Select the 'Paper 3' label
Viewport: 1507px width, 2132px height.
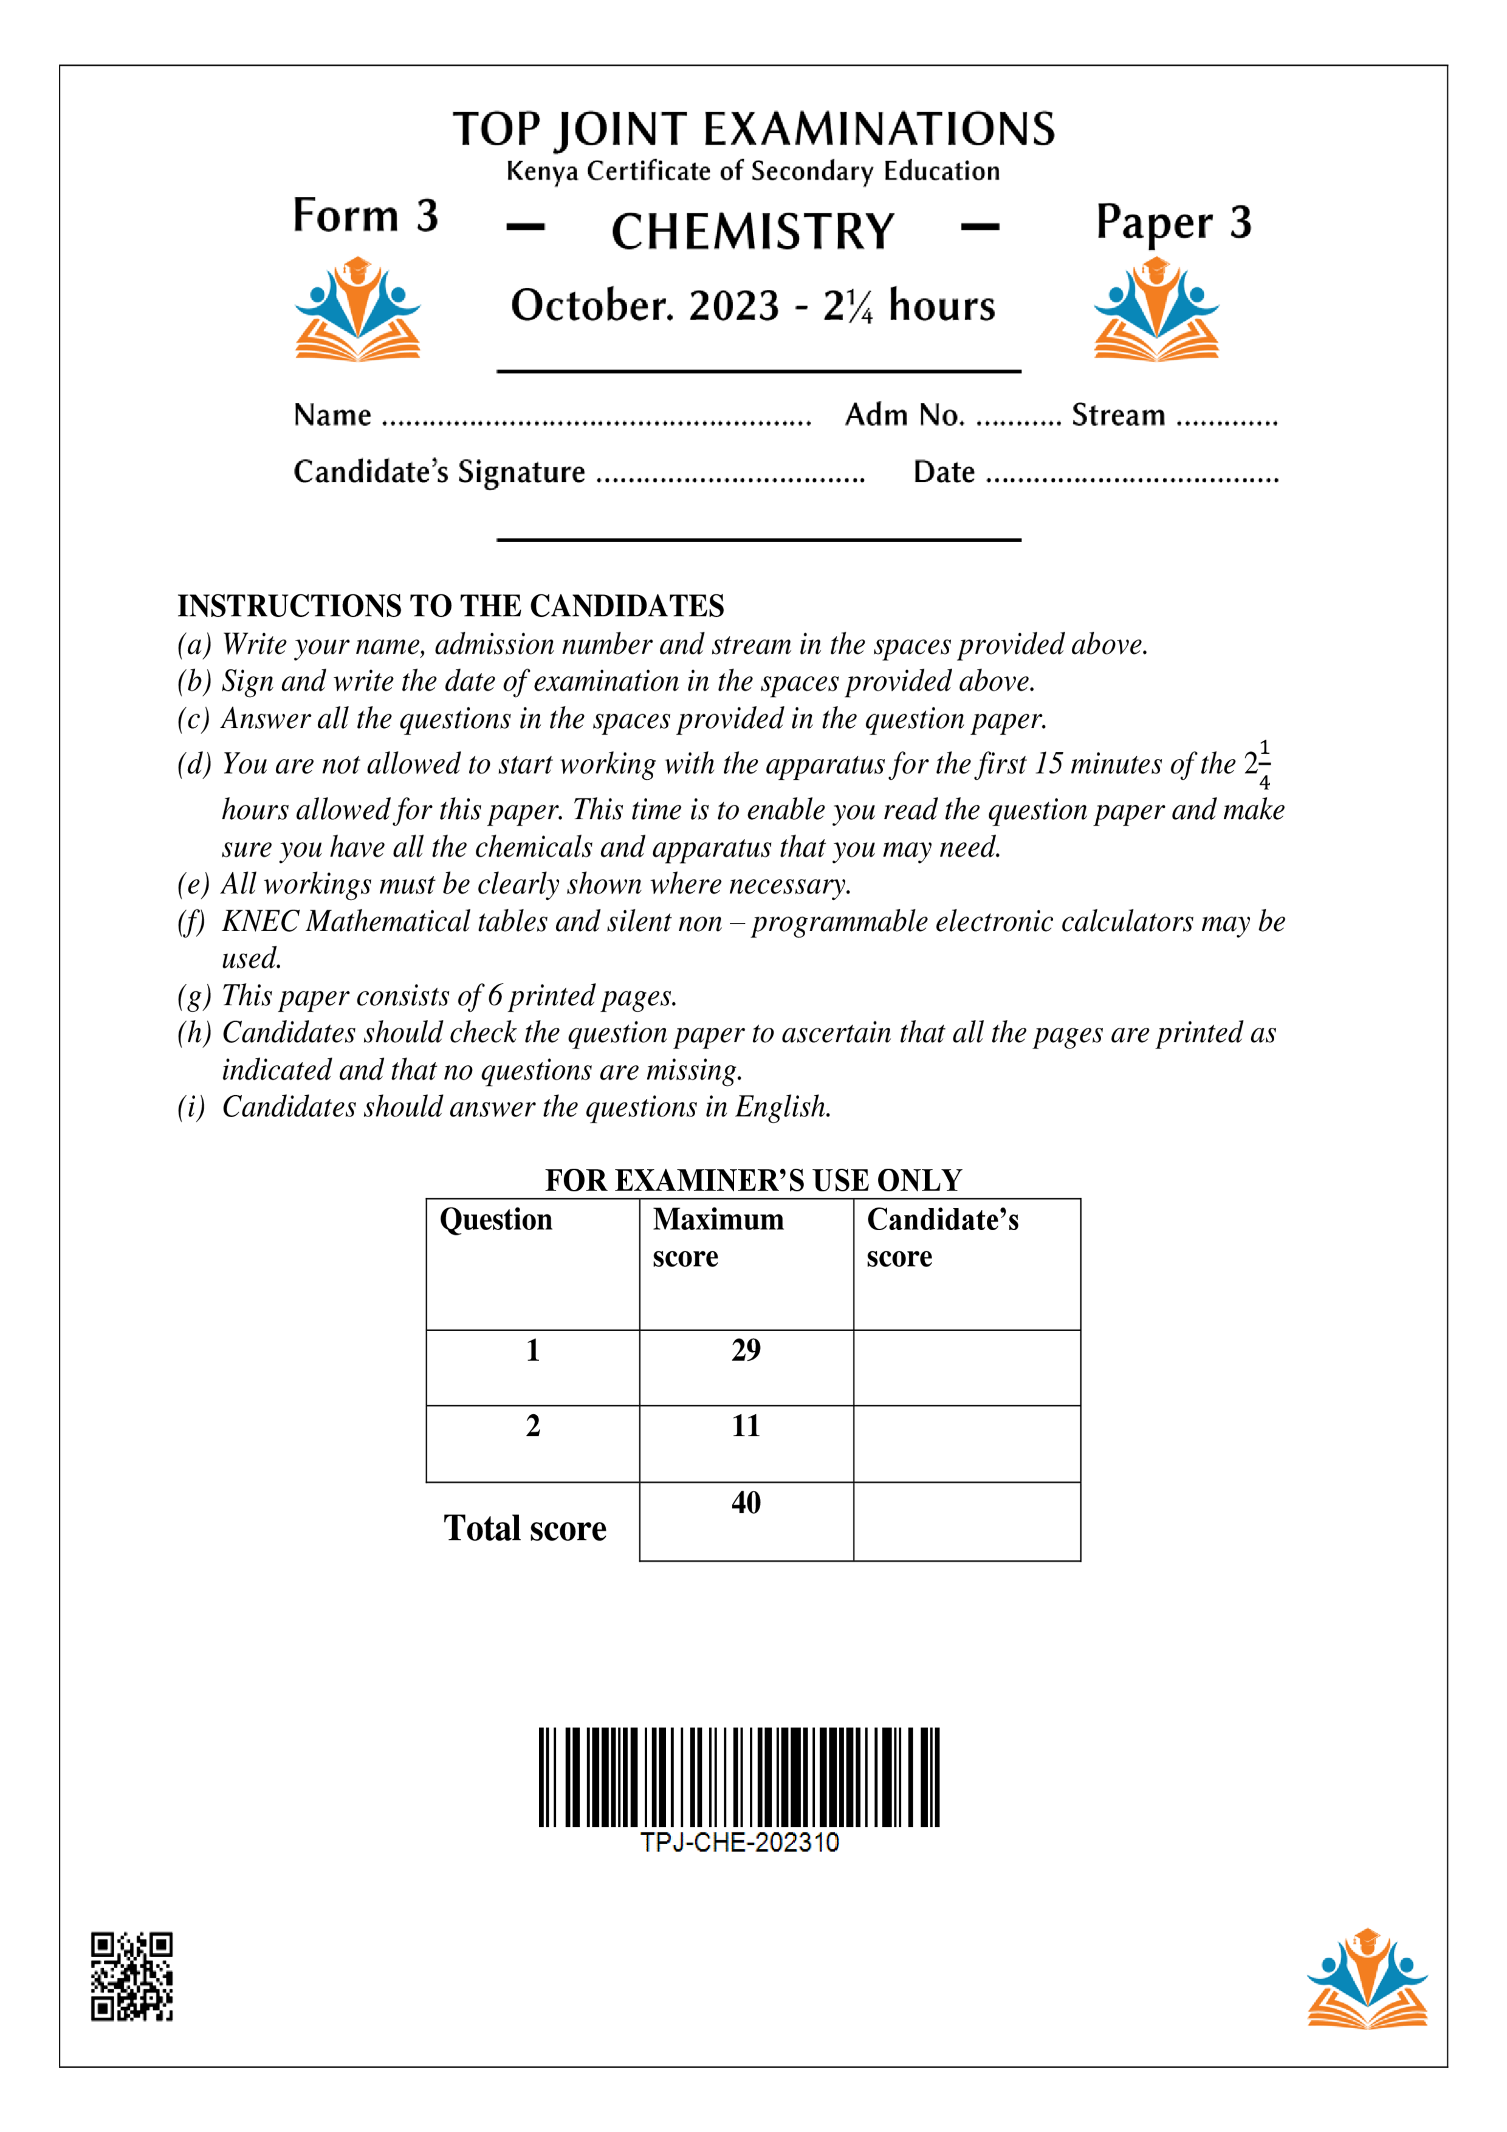point(1173,223)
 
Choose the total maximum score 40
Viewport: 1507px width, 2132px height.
point(746,1502)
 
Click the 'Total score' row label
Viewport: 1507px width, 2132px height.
point(524,1529)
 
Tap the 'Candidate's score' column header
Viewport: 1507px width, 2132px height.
point(942,1237)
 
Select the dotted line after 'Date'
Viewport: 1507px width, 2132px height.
point(1131,479)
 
